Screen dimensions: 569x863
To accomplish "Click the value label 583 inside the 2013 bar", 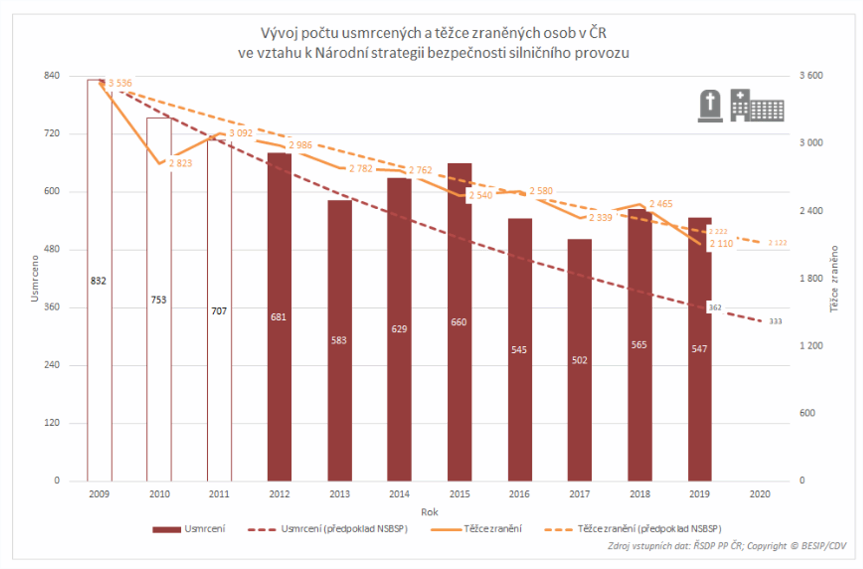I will (x=339, y=340).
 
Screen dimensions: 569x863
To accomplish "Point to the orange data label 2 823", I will (x=181, y=163).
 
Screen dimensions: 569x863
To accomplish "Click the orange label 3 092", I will (x=241, y=133).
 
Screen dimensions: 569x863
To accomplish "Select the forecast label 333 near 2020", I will (x=776, y=321).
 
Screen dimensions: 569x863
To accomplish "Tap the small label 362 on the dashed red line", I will (x=715, y=308).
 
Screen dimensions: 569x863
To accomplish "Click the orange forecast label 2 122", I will (x=777, y=243).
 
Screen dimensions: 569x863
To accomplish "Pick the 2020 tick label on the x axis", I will (x=759, y=494).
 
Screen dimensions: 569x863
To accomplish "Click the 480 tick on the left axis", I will (x=52, y=249).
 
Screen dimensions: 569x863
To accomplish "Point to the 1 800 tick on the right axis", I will (x=811, y=278).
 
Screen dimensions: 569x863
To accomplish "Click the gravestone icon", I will (x=710, y=106).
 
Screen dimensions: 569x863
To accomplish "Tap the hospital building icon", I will (x=757, y=106).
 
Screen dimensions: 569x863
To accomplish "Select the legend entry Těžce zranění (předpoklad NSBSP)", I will (x=649, y=529).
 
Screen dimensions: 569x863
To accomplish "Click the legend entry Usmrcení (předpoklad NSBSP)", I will (x=344, y=529).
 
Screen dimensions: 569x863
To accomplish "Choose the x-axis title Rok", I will (x=429, y=512).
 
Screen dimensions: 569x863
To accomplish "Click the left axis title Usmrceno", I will (x=35, y=278).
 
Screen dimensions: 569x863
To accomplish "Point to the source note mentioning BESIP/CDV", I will (x=727, y=546).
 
